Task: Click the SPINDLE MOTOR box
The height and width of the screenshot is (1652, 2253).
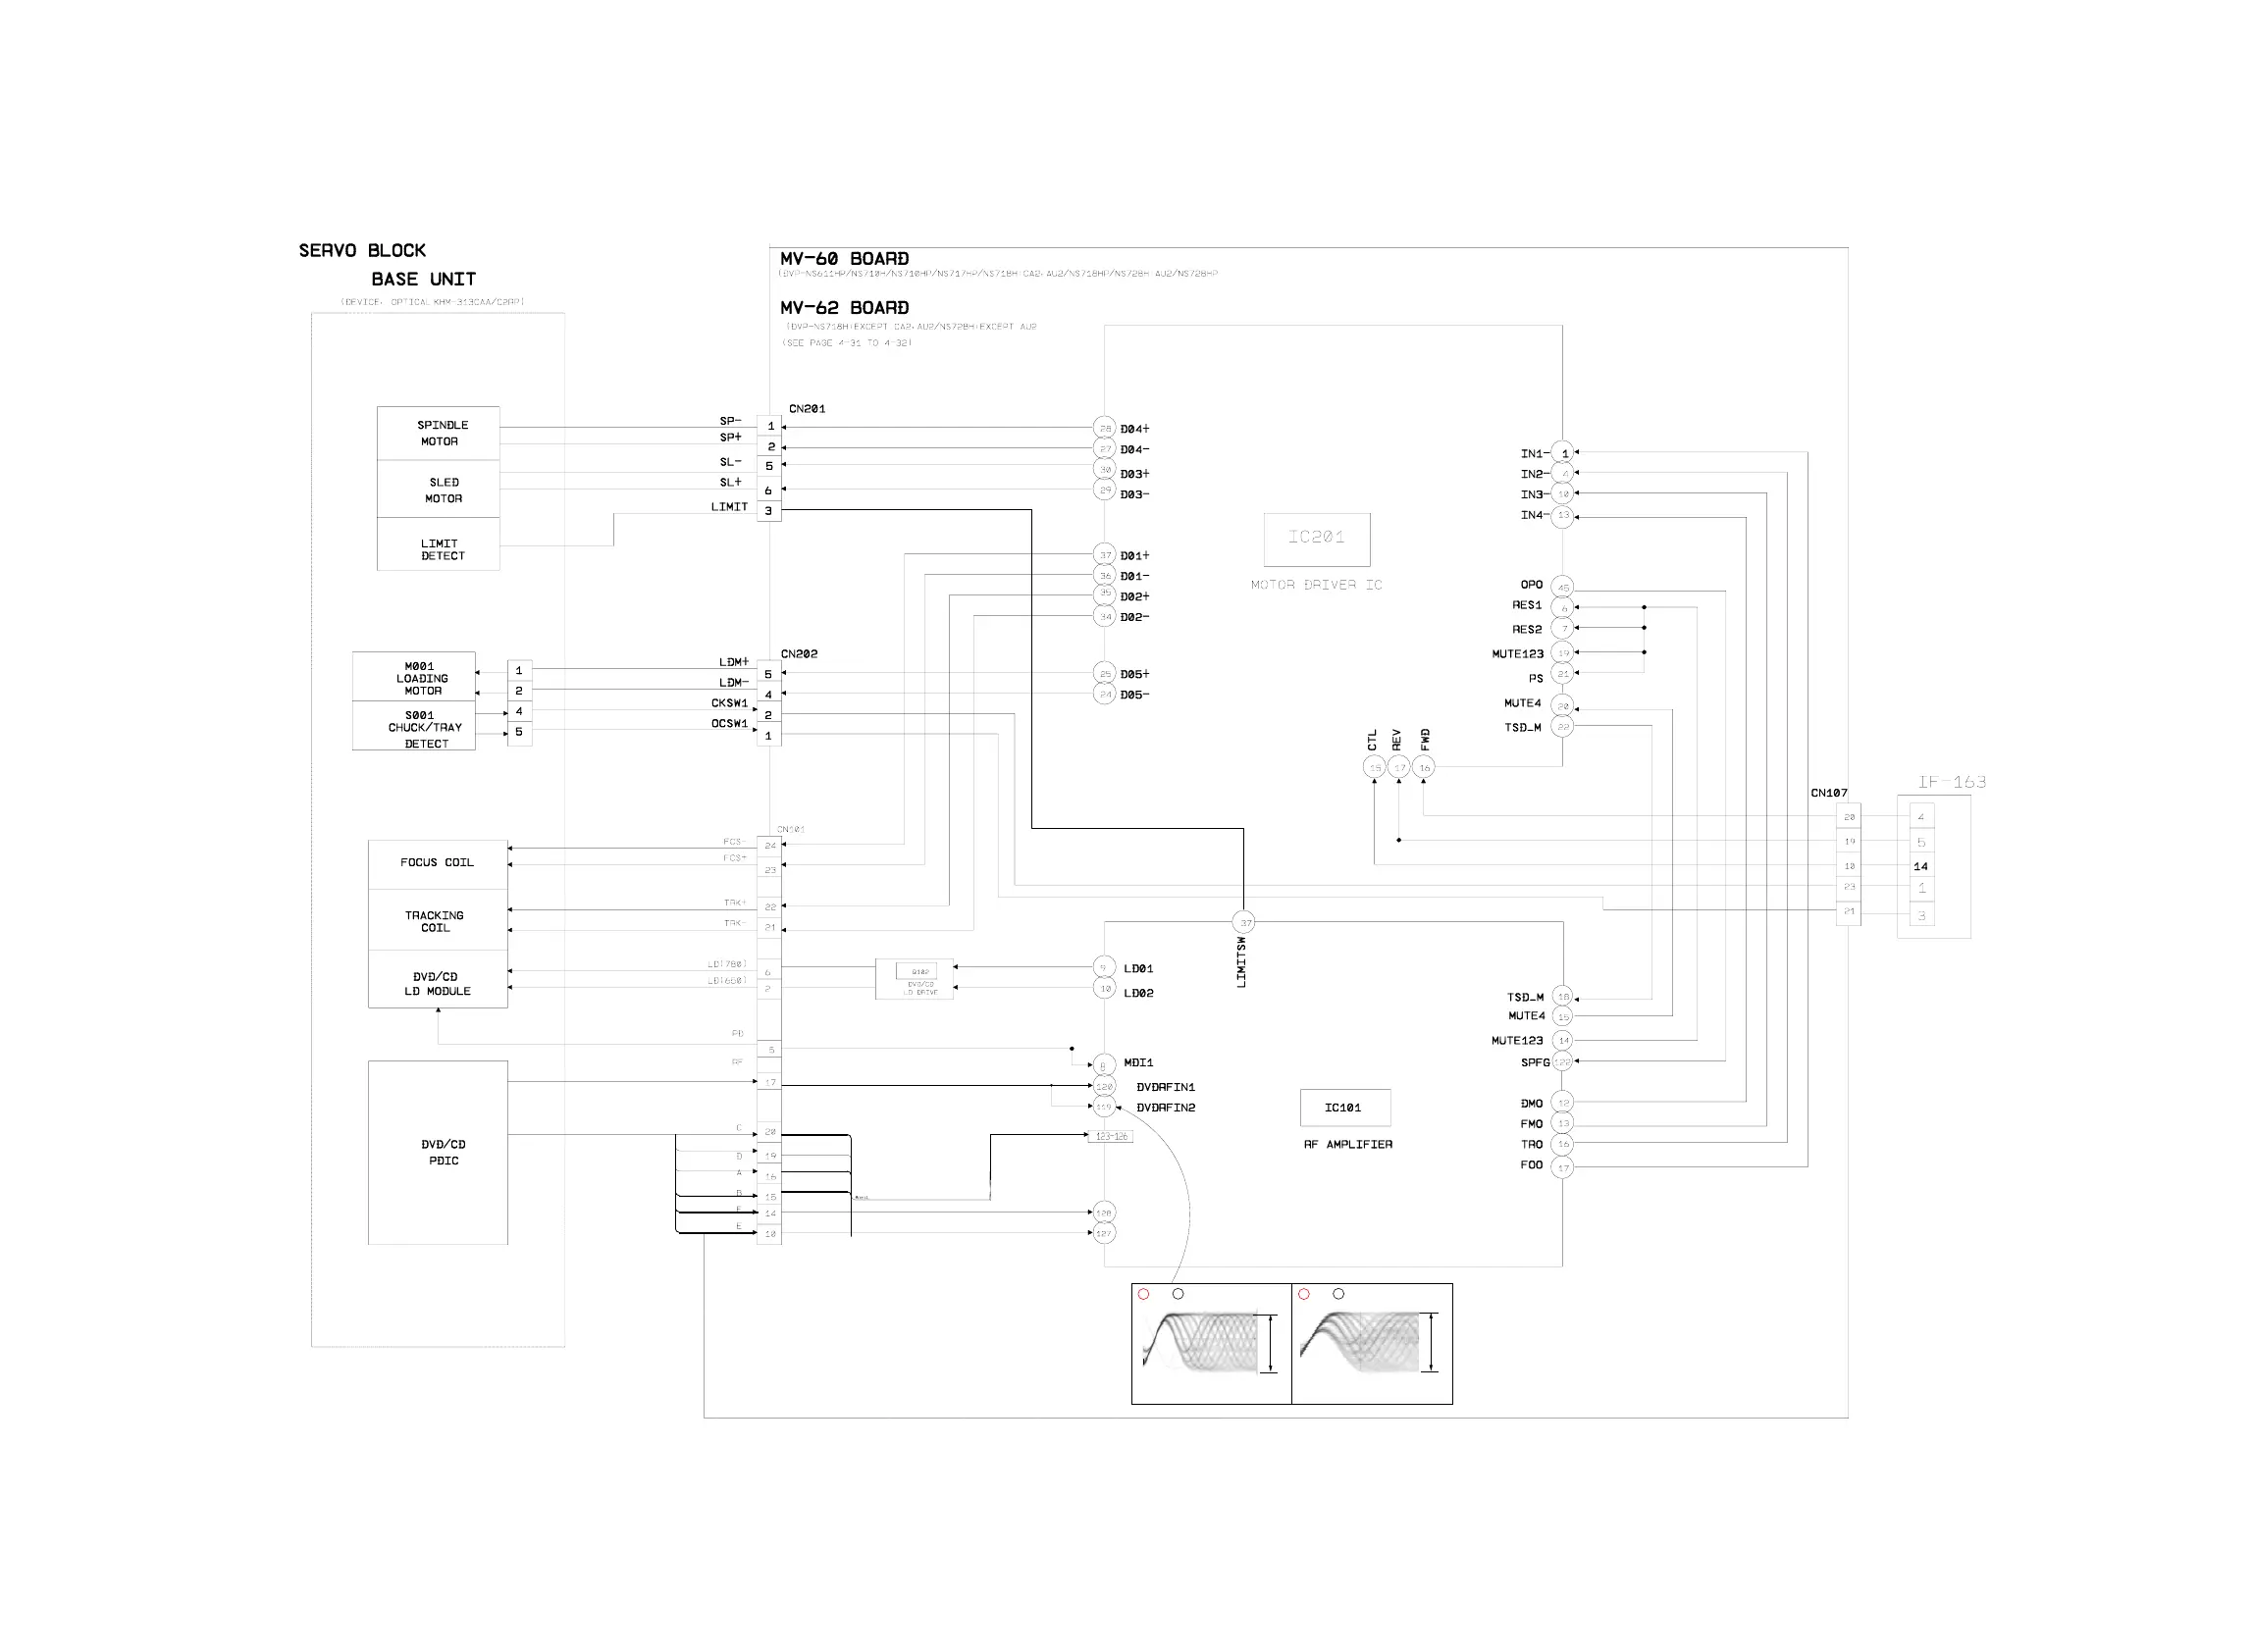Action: pyautogui.click(x=438, y=433)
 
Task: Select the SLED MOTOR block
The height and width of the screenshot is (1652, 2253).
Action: pyautogui.click(x=438, y=489)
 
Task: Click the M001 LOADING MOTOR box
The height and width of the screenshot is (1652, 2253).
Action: pyautogui.click(x=414, y=678)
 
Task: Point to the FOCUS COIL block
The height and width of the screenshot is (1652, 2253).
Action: pyautogui.click(x=438, y=864)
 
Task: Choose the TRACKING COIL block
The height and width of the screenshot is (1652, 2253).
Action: pyautogui.click(x=438, y=921)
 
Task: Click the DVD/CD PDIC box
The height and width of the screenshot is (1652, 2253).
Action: pyautogui.click(x=438, y=1153)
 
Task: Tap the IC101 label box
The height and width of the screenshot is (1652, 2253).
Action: pyautogui.click(x=1344, y=1108)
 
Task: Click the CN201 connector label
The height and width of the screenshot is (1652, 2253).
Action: pyautogui.click(x=807, y=409)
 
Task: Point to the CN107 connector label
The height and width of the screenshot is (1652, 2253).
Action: pyautogui.click(x=1828, y=793)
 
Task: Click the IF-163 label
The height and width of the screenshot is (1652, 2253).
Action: pyautogui.click(x=1951, y=782)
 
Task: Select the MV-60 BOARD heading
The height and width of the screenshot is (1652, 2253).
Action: pyautogui.click(x=844, y=259)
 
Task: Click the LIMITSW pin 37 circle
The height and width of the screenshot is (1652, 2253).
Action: pyautogui.click(x=1244, y=922)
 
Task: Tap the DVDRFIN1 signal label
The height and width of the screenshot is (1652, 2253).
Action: pyautogui.click(x=1165, y=1087)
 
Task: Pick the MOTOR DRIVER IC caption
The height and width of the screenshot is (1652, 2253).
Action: pyautogui.click(x=1316, y=585)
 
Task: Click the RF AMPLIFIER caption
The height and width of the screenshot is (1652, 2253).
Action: pyautogui.click(x=1347, y=1144)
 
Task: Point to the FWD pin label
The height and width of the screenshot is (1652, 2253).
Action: pyautogui.click(x=1425, y=739)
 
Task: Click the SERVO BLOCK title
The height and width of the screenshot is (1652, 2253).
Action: pyautogui.click(x=362, y=251)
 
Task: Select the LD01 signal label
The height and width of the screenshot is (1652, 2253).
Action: pyautogui.click(x=1138, y=969)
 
